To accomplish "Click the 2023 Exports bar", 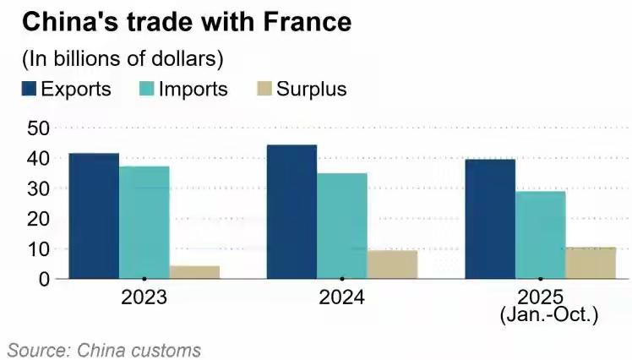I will click(94, 215).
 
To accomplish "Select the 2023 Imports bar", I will click(144, 222).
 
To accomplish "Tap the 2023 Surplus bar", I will click(194, 271).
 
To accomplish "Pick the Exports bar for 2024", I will click(291, 211).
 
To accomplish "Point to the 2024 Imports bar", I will click(341, 226).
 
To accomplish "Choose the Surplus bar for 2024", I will click(392, 264).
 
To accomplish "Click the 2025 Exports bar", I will click(490, 219).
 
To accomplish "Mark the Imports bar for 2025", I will click(540, 234).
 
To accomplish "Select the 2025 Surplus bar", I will click(591, 262).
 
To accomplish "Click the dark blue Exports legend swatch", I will click(28, 89).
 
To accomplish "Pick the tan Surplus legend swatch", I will click(262, 89).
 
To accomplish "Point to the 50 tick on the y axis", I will click(38, 128).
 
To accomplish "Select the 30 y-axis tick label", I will click(38, 188).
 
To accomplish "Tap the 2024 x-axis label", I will click(341, 297).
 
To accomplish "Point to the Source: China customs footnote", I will click(105, 349).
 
